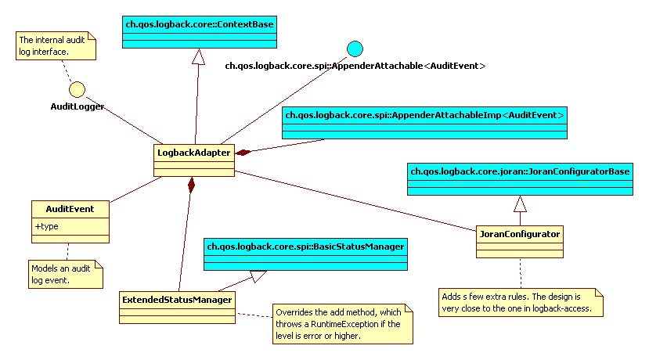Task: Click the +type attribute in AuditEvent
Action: pos(47,226)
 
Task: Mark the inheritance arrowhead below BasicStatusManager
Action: pos(258,275)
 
